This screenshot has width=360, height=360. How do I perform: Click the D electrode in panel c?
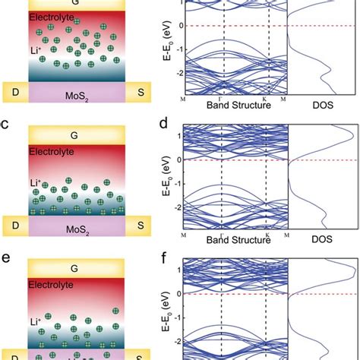(15, 225)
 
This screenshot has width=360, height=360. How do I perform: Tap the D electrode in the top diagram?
(15, 92)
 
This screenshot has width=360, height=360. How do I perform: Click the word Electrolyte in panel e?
(52, 288)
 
